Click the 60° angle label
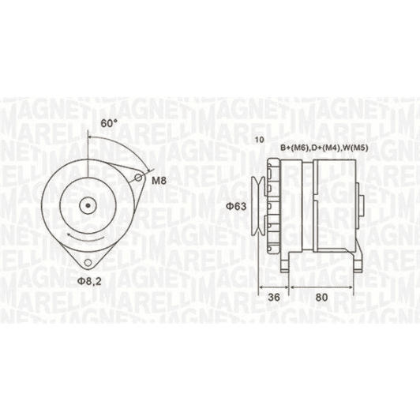(x=109, y=123)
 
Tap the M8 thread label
(x=159, y=181)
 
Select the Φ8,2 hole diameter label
(x=90, y=281)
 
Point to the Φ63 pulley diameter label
(x=236, y=206)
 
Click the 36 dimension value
(x=274, y=297)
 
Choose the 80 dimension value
(x=321, y=297)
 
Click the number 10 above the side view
(x=260, y=140)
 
